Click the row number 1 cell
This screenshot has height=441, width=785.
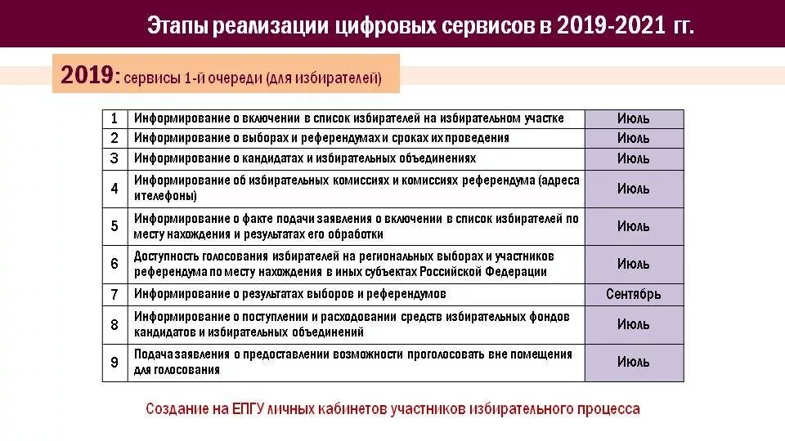coord(114,118)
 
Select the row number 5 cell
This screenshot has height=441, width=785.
coord(114,226)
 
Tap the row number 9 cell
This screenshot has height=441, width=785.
coord(114,362)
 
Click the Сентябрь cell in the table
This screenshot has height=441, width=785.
coord(634,294)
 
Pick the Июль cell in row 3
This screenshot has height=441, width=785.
coord(634,158)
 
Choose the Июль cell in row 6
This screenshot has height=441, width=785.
coord(634,264)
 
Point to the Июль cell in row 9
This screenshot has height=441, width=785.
coord(634,362)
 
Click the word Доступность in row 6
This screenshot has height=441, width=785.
coord(167,256)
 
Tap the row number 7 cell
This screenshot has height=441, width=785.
coord(114,294)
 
